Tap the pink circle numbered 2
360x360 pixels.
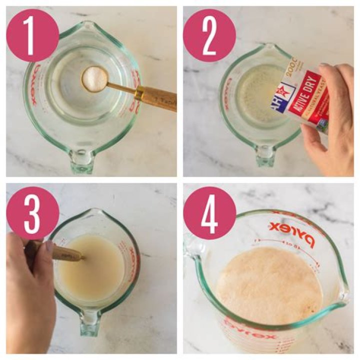(209, 35)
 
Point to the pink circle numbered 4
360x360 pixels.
(209, 213)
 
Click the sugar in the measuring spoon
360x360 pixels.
(94, 79)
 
